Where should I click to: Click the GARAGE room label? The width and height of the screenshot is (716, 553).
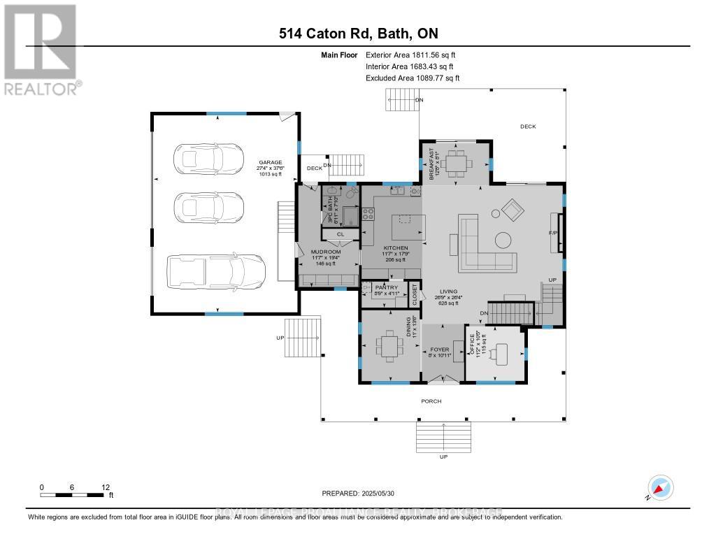271,161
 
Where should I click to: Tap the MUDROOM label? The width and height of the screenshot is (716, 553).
326,251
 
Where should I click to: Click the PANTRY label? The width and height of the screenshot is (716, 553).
386,287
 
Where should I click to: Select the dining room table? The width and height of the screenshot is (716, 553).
387,346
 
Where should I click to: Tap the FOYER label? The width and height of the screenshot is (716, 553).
438,349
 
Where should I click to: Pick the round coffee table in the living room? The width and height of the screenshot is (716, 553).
503,239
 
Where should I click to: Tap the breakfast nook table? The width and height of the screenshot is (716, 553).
459,162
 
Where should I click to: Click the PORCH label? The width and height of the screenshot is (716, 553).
431,401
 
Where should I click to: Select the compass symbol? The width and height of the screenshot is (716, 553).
659,487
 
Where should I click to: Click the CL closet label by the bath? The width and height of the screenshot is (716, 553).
341,234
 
